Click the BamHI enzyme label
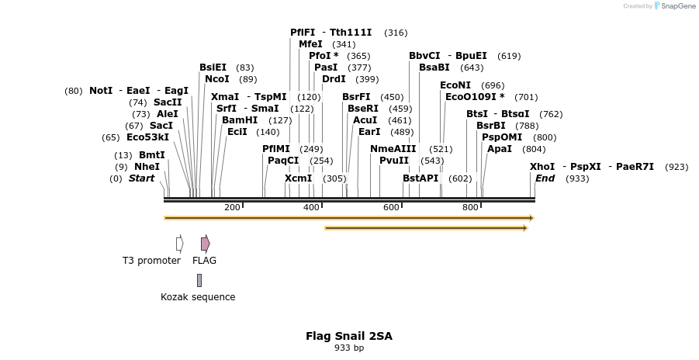[240, 120]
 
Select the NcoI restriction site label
[217, 79]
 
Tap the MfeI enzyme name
[310, 44]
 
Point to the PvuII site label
[394, 161]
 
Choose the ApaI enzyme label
[499, 149]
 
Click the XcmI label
[298, 178]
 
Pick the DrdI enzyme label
[334, 79]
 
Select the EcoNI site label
[455, 85]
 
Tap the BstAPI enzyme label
[420, 178]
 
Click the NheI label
[147, 167]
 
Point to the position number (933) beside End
[577, 178]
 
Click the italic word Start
[142, 178]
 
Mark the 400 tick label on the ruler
[312, 207]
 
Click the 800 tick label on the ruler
[471, 207]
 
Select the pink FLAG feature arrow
[205, 244]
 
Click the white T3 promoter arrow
[179, 244]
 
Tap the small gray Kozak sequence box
[199, 280]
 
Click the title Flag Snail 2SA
[349, 337]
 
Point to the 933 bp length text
[349, 348]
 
